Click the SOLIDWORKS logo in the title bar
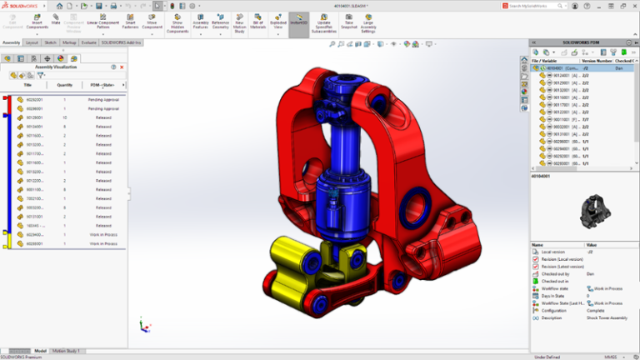(18, 5)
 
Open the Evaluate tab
(88, 42)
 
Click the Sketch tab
(50, 42)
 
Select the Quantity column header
(64, 85)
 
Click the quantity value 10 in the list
(64, 117)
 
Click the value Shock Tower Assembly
(608, 317)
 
